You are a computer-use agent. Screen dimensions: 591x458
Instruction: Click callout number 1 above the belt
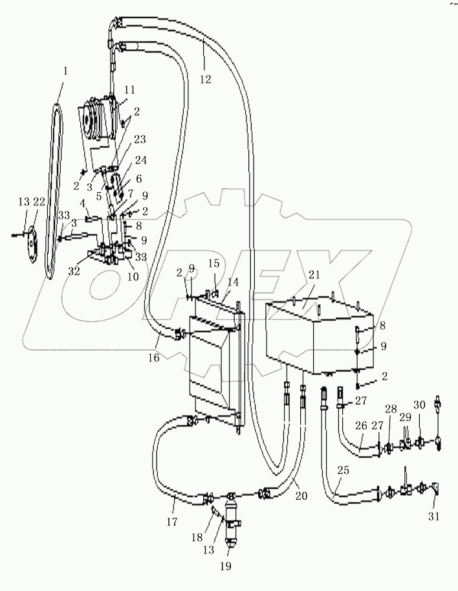pos(64,69)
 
